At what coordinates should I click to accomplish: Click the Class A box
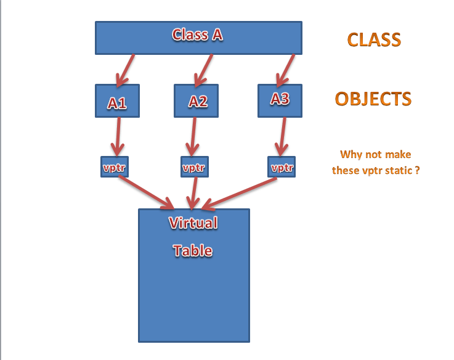click(x=198, y=37)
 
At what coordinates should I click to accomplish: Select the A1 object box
click(x=117, y=101)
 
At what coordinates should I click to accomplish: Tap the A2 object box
click(x=197, y=101)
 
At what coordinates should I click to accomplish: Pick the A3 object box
click(x=280, y=100)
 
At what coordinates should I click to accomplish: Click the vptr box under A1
click(x=115, y=167)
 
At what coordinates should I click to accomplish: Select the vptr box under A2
click(x=195, y=167)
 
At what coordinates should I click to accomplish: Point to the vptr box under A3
click(x=282, y=167)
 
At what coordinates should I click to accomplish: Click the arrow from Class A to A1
click(x=127, y=69)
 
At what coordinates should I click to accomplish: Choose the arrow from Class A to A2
click(x=203, y=69)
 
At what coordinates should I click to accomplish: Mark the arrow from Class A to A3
click(x=286, y=69)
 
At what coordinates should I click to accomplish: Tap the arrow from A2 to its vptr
click(x=193, y=137)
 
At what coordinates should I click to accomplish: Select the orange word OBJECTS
click(x=373, y=99)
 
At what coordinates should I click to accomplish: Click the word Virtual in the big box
click(x=193, y=223)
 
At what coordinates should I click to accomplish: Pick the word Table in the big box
click(x=193, y=250)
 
